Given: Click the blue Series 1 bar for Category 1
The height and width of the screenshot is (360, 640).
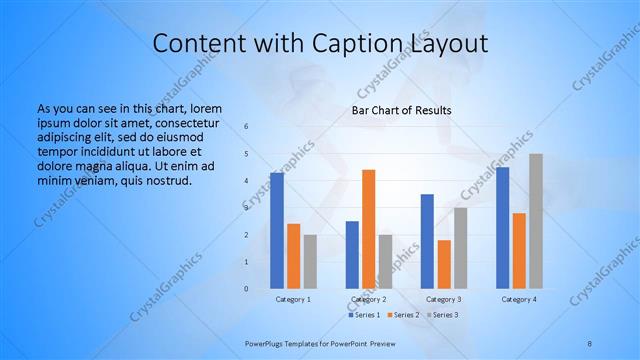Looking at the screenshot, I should pyautogui.click(x=276, y=231).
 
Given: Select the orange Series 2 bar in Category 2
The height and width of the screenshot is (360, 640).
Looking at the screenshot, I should pyautogui.click(x=369, y=229).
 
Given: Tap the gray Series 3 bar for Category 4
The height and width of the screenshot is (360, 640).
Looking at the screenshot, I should pyautogui.click(x=536, y=221).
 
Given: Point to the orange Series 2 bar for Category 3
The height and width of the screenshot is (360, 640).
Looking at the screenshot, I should pyautogui.click(x=444, y=264).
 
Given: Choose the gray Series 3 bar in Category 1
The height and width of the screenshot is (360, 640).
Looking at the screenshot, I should pyautogui.click(x=310, y=262).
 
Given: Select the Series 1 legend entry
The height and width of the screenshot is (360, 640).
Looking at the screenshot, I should pyautogui.click(x=365, y=315).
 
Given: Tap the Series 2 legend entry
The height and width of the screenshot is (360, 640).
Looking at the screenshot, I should pyautogui.click(x=402, y=315).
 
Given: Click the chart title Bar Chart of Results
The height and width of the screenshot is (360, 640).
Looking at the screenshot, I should pyautogui.click(x=401, y=110).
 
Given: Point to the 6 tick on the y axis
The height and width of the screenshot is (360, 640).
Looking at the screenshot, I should pyautogui.click(x=246, y=127).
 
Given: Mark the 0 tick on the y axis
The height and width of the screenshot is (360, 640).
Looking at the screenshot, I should pyautogui.click(x=246, y=289).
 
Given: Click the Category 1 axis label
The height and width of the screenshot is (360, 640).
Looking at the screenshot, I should pyautogui.click(x=293, y=299).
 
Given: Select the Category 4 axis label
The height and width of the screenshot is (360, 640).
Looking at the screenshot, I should pyautogui.click(x=519, y=299).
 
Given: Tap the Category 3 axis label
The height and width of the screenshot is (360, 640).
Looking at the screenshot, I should pyautogui.click(x=444, y=299).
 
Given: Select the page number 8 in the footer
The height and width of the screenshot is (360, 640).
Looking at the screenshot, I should pyautogui.click(x=589, y=342).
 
